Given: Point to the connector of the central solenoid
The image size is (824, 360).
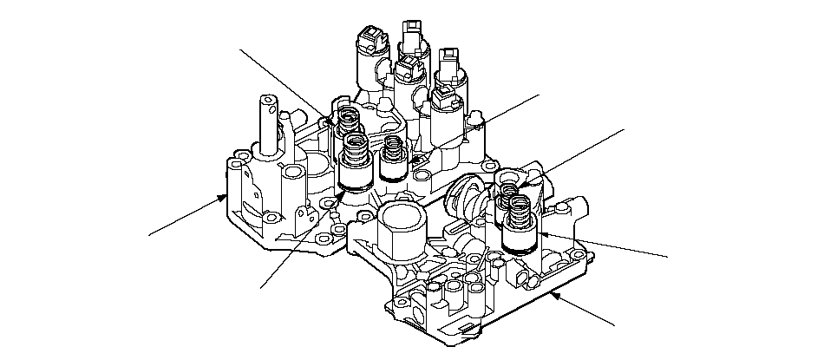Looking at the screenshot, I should (x=405, y=65).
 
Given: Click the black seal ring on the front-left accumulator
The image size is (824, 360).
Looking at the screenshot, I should (x=354, y=185).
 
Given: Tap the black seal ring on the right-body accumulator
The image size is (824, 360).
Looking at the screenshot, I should (x=519, y=247).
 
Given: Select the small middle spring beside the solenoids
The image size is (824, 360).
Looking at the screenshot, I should (x=393, y=150).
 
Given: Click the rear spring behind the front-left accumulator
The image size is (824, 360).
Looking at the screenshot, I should (x=350, y=117).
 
